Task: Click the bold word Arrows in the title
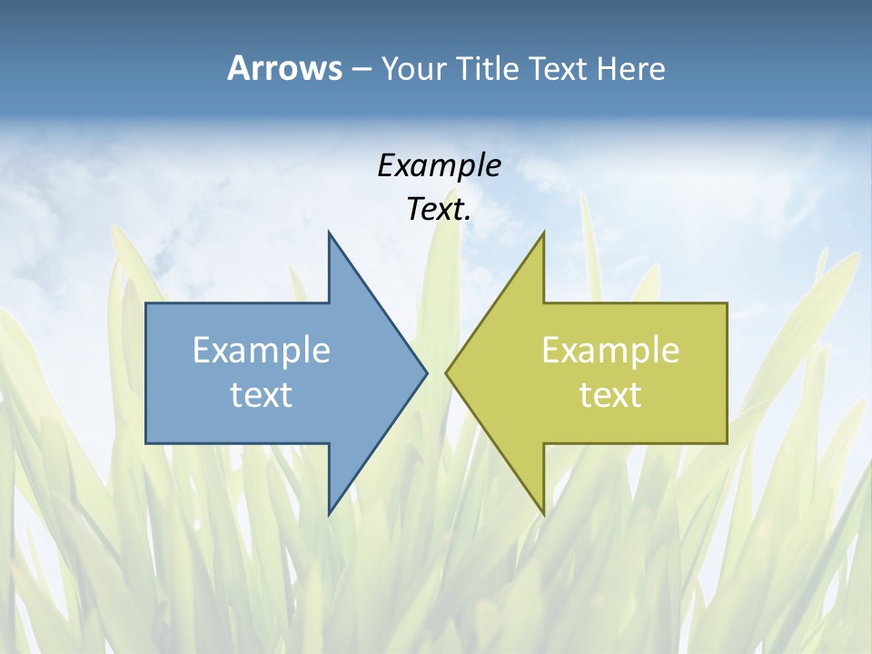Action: tap(284, 68)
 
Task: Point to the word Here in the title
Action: tap(630, 69)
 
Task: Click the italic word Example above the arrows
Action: tap(439, 165)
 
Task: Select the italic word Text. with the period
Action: tap(439, 209)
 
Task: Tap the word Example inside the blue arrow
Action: tap(262, 351)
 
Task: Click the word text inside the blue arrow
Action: tap(262, 395)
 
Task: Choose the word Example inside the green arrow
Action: tap(610, 351)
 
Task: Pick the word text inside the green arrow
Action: tap(610, 395)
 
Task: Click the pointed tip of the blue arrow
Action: tap(427, 372)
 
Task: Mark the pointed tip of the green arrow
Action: tap(446, 372)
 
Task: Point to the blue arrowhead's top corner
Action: tap(329, 233)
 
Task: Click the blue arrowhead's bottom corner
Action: tap(329, 514)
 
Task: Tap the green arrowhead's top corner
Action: tap(543, 233)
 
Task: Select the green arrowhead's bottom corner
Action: tap(543, 514)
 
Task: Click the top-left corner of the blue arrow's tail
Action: tap(146, 303)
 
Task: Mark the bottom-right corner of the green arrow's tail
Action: tap(727, 442)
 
